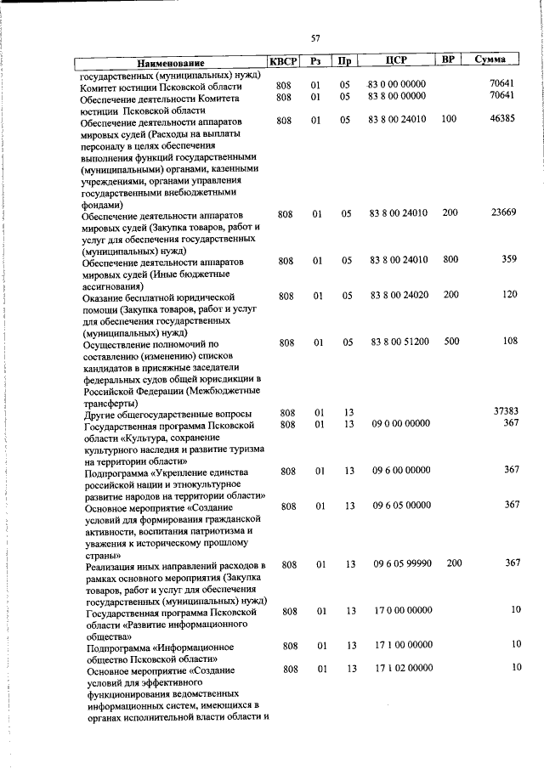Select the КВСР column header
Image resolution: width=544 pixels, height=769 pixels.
pos(282,60)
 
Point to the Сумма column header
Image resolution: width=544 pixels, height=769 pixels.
pos(491,60)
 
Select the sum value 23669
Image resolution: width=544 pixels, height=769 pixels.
pos(502,212)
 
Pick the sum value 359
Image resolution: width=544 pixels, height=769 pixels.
pos(508,259)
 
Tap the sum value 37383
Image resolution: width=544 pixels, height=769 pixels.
pos(505,411)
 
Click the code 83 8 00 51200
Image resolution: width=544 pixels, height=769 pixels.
pos(399,342)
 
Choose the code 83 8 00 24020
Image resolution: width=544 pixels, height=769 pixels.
pos(399,295)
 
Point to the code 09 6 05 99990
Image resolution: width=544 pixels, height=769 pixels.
pos(402,563)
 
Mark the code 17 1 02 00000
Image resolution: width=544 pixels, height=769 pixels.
pos(403,669)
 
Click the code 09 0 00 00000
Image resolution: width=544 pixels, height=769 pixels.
pos(401,423)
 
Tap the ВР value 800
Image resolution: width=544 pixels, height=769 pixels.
pos(450,259)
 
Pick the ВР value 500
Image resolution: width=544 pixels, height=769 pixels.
pos(450,342)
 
